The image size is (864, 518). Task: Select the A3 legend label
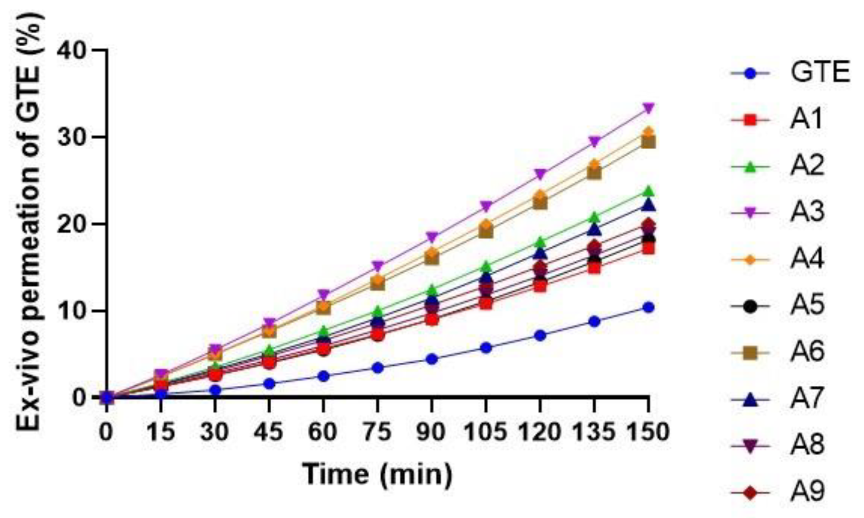click(807, 213)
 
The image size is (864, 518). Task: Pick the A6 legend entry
click(807, 352)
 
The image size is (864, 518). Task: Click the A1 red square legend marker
click(750, 120)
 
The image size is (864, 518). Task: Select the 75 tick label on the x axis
click(377, 432)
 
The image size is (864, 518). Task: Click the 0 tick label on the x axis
click(106, 432)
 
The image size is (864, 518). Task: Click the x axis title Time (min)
click(377, 474)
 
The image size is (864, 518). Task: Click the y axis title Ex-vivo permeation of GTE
click(30, 221)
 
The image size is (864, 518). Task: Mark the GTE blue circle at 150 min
click(648, 307)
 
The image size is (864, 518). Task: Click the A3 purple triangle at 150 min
click(648, 108)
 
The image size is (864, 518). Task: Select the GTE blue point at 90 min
click(431, 359)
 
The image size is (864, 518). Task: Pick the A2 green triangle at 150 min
click(648, 191)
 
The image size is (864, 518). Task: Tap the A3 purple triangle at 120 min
click(540, 174)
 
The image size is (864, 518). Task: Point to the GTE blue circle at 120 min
click(540, 335)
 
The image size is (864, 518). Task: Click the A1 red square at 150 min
click(648, 248)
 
